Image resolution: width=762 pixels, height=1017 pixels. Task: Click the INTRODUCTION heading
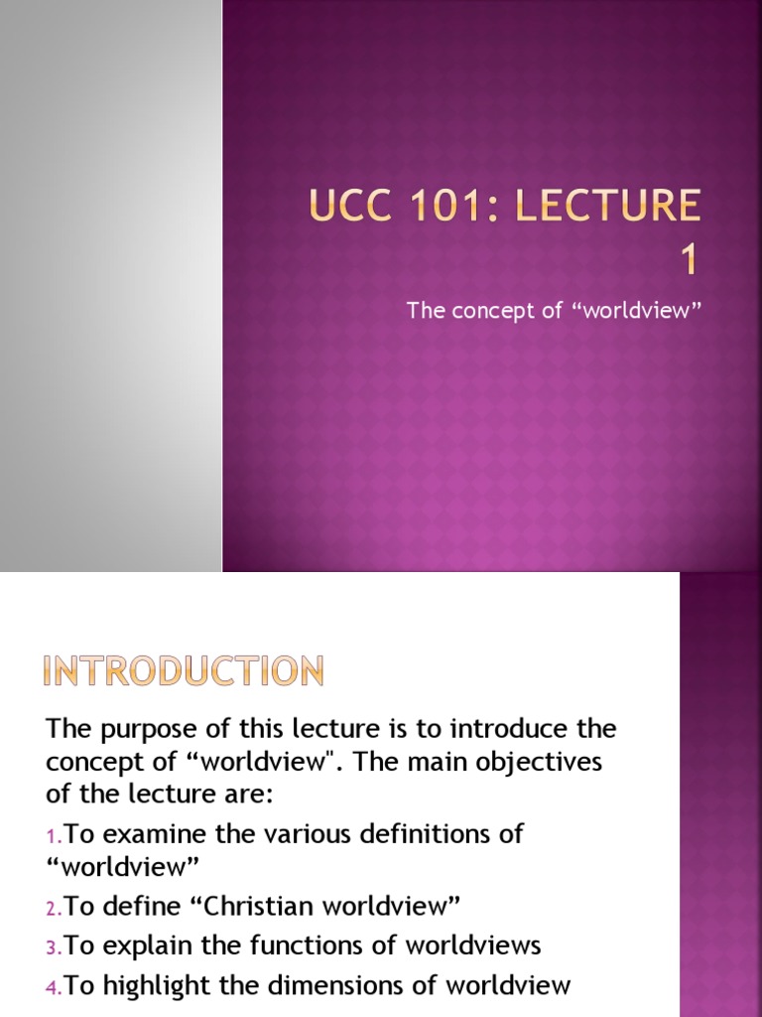tap(185, 672)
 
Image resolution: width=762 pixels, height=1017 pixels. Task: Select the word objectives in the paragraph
tap(480, 765)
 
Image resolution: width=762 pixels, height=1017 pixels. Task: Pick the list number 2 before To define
tap(53, 908)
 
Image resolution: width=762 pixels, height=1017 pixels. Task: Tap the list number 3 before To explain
tap(53, 944)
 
